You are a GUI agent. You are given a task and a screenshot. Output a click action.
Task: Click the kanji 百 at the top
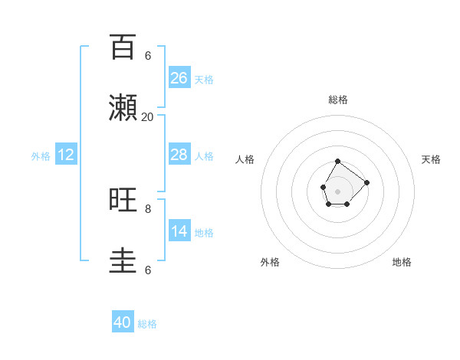123,47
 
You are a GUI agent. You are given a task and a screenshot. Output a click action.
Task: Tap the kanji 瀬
123,109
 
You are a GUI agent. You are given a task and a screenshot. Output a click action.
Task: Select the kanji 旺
123,200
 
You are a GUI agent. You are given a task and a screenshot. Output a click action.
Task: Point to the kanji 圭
123,261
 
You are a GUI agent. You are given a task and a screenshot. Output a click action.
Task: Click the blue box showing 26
179,77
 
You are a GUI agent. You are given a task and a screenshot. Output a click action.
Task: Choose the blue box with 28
179,155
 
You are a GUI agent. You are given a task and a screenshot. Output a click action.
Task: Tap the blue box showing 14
179,231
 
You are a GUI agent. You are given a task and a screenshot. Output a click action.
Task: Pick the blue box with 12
66,155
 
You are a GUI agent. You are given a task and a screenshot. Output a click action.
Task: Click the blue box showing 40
123,322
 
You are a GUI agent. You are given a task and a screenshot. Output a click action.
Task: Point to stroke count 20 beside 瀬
147,116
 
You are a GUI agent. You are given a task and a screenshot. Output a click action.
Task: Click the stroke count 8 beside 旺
148,208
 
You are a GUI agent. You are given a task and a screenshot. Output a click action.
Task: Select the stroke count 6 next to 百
148,55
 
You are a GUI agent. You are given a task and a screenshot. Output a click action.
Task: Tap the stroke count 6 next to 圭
148,270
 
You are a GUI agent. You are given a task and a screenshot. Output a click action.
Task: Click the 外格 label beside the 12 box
41,155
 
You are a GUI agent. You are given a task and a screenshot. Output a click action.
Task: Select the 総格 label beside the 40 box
147,323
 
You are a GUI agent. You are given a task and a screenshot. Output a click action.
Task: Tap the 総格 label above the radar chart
337,100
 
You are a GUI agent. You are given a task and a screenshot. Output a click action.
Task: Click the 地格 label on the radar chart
402,262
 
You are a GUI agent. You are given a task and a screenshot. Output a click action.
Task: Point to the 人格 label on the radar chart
245,159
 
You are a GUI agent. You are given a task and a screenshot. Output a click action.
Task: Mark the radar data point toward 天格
367,182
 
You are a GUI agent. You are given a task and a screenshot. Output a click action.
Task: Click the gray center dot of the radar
337,191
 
